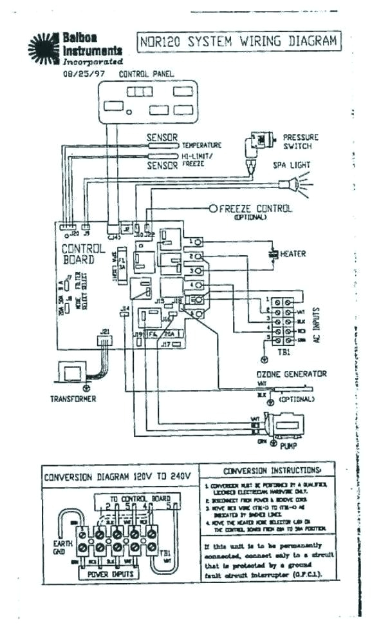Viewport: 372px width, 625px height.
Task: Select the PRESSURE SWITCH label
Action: (x=301, y=142)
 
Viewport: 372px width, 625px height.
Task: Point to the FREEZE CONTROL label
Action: (x=256, y=209)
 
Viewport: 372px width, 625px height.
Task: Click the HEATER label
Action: (x=293, y=254)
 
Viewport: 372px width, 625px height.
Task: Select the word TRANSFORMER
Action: (x=73, y=399)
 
